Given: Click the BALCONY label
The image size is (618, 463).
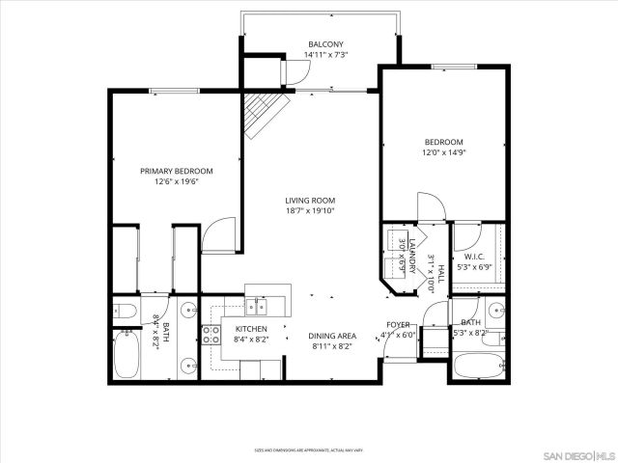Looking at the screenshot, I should pyautogui.click(x=325, y=44).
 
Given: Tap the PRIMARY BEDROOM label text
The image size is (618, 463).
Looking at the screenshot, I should pyautogui.click(x=176, y=171).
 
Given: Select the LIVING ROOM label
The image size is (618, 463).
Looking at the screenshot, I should pyautogui.click(x=310, y=201).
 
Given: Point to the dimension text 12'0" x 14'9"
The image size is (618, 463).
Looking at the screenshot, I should pyautogui.click(x=443, y=152).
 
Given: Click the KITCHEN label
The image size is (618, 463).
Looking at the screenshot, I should pyautogui.click(x=251, y=328).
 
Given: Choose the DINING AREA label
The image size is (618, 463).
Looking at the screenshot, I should pyautogui.click(x=330, y=336).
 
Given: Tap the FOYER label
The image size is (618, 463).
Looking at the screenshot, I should pyautogui.click(x=398, y=324).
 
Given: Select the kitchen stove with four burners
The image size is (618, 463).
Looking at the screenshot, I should pyautogui.click(x=211, y=336).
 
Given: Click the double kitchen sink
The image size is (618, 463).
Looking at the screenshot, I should pyautogui.click(x=257, y=308).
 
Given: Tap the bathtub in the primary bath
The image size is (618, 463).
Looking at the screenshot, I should pyautogui.click(x=127, y=357).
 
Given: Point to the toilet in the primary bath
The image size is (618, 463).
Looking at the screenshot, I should pyautogui.click(x=123, y=311).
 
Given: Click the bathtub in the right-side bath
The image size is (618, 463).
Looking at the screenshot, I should pyautogui.click(x=476, y=366).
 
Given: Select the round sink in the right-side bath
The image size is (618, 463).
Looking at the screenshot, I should pyautogui.click(x=493, y=312).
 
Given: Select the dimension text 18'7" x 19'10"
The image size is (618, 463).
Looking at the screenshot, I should pyautogui.click(x=310, y=211).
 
